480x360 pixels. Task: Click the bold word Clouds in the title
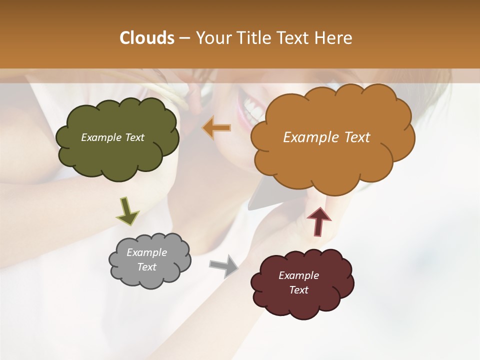click(x=146, y=38)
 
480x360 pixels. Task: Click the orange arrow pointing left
click(x=217, y=128)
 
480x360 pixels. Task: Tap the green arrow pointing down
click(x=127, y=211)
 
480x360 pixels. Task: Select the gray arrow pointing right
click(x=223, y=265)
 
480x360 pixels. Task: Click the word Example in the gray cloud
click(x=146, y=252)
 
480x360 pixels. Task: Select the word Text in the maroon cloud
click(x=298, y=290)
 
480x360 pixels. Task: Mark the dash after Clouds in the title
click(x=184, y=38)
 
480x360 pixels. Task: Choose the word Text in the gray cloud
click(x=146, y=267)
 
